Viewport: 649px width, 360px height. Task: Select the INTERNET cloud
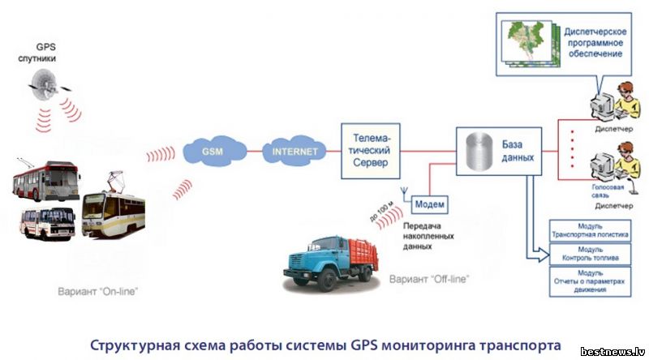tap(293, 151)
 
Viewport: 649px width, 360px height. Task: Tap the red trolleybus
tap(46, 180)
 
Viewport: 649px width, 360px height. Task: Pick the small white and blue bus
tap(49, 221)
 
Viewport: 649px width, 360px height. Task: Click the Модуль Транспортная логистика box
tap(590, 230)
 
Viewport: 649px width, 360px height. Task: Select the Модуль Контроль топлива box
tap(590, 254)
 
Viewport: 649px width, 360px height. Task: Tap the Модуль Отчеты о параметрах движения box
tap(590, 281)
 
